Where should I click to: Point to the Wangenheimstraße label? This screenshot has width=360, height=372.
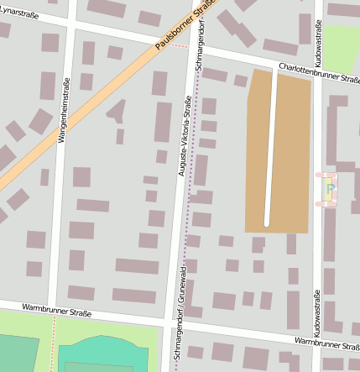[61, 118]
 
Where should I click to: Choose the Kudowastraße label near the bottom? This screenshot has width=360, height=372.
[317, 311]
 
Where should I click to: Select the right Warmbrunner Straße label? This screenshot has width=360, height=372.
[327, 343]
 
